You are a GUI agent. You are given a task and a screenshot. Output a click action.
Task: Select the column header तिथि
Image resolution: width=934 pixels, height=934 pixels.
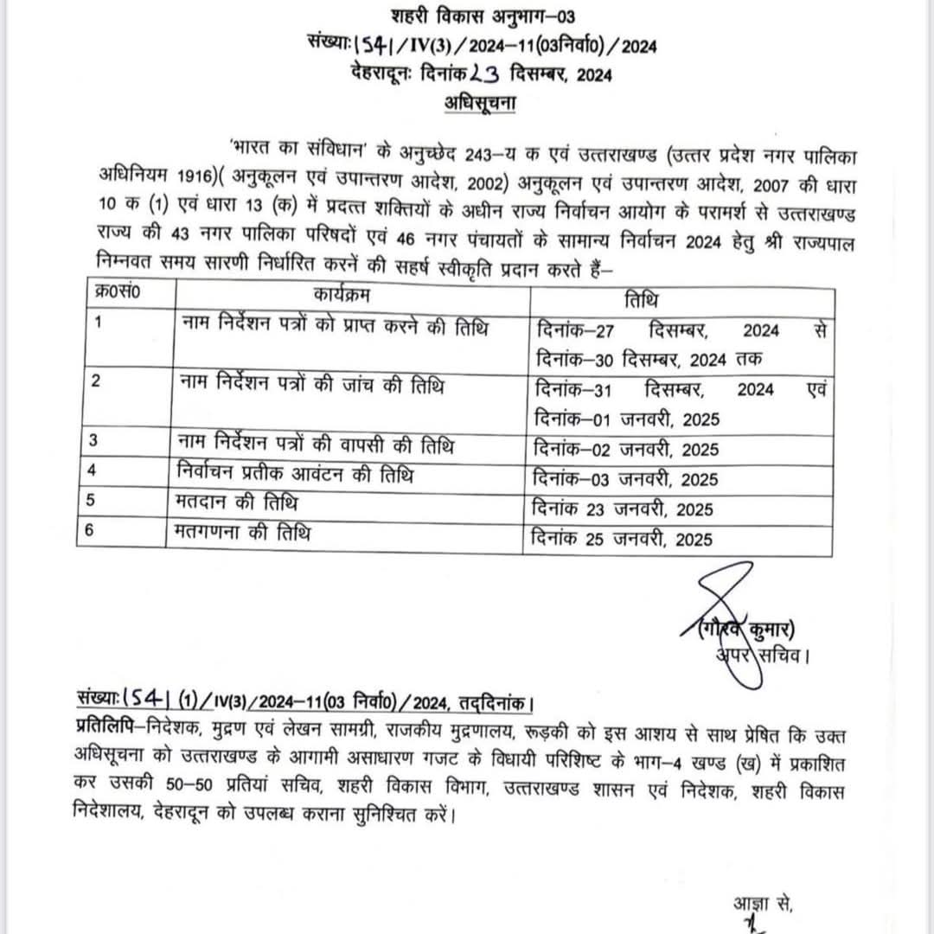coord(640,300)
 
